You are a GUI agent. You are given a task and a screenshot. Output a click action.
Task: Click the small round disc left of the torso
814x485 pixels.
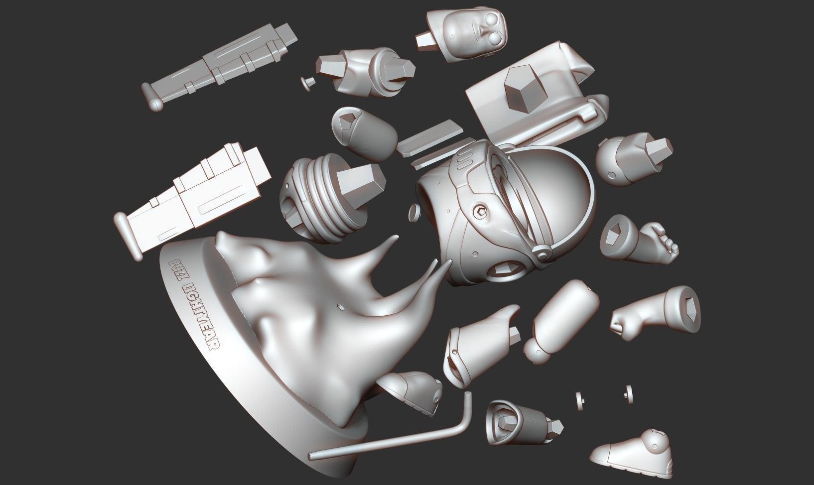(413, 213)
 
